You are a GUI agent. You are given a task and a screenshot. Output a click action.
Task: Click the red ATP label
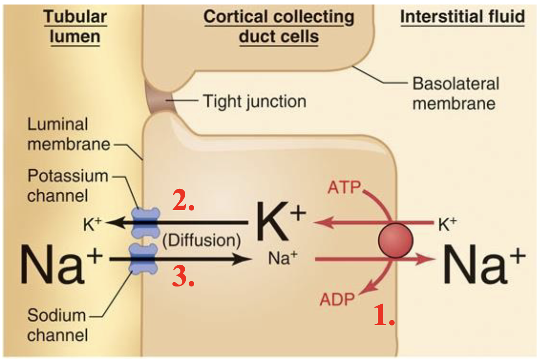tap(344, 188)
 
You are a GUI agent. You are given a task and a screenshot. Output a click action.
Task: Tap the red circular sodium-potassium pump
tap(395, 240)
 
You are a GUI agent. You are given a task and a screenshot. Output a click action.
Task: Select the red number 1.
tap(384, 316)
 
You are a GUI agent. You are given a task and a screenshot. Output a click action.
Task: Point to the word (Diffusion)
tap(202, 240)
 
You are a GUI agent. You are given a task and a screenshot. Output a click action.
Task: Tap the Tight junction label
tap(255, 102)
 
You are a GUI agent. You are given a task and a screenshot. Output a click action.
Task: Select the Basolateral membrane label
tap(455, 93)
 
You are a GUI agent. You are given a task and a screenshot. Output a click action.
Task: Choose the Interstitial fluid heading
tap(462, 17)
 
